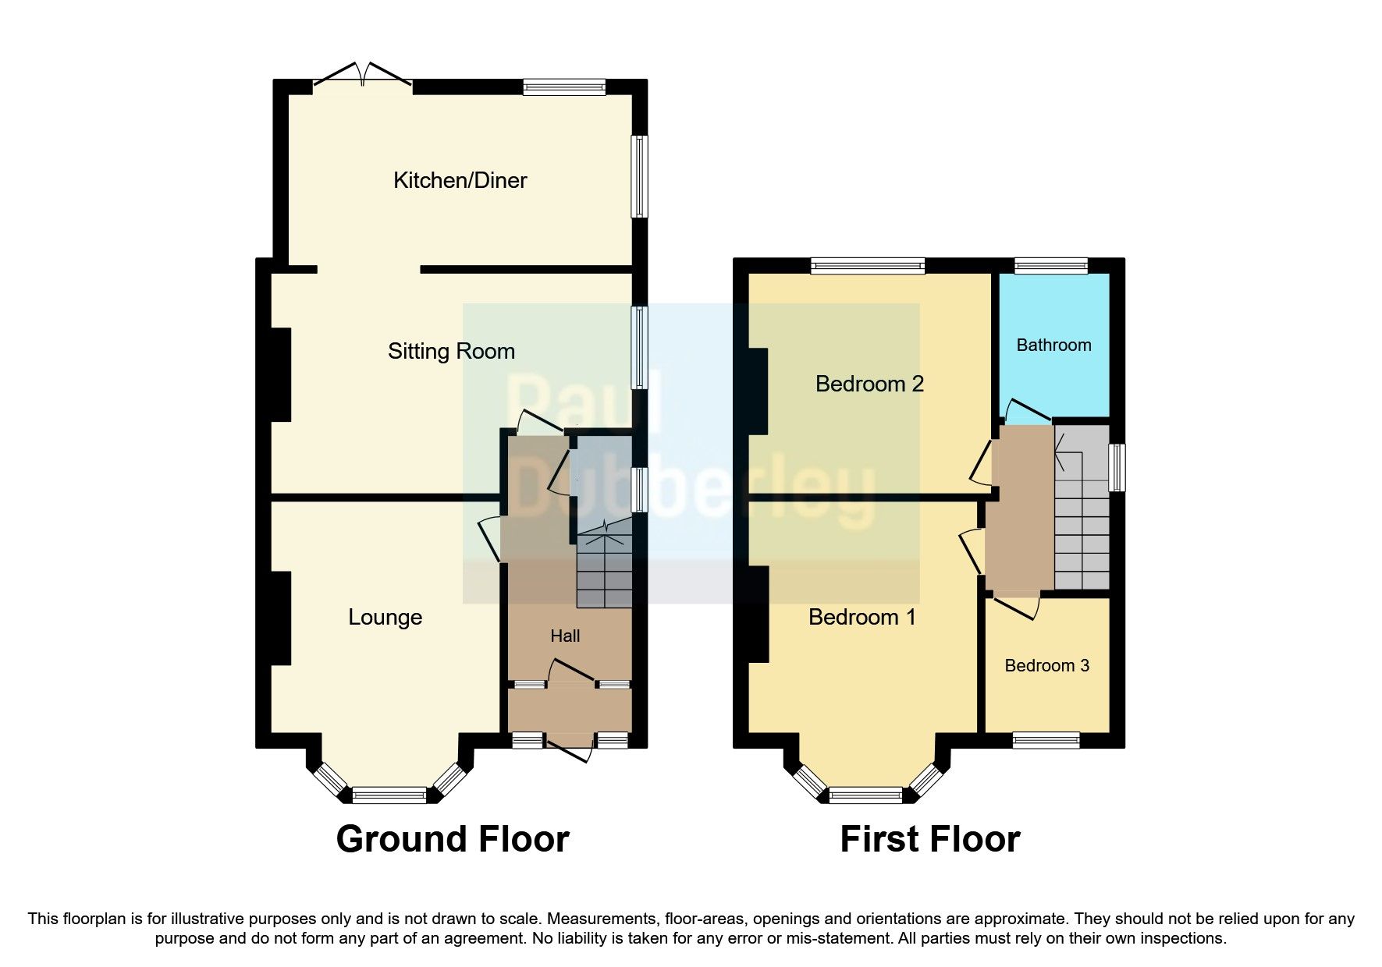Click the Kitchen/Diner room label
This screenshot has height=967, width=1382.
point(460,181)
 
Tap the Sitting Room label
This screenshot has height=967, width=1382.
point(451,352)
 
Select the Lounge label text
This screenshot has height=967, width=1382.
point(385,618)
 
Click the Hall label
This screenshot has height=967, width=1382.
point(565,636)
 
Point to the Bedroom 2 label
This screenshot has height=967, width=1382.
point(869,384)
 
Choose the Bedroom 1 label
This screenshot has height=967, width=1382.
point(862,618)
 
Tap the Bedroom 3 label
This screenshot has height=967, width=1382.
point(1046,666)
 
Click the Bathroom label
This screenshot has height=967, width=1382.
point(1053,345)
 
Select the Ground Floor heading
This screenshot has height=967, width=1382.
point(453,839)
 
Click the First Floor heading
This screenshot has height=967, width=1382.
point(929,839)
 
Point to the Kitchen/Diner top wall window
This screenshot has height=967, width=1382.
point(564,87)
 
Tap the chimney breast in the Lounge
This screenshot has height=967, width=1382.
point(281,618)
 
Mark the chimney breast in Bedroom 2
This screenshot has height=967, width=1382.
point(758,389)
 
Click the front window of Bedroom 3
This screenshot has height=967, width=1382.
point(1046,740)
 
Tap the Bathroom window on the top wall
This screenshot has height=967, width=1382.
point(1051,266)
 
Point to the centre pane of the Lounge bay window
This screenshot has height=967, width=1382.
point(389,795)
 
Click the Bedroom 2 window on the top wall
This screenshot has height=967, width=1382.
point(868,266)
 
